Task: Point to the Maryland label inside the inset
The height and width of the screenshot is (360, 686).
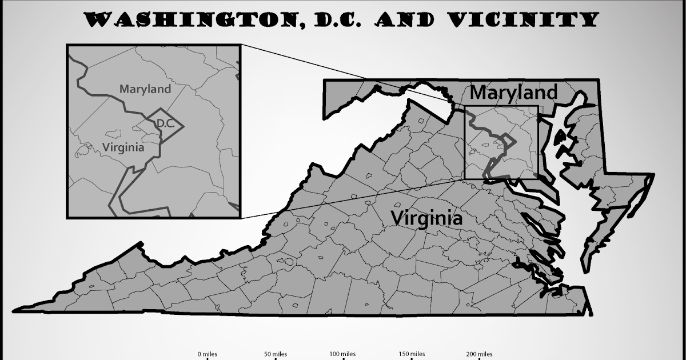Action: (145, 89)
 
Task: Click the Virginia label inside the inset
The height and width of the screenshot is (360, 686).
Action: (123, 147)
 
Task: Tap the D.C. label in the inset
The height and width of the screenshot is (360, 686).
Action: (165, 123)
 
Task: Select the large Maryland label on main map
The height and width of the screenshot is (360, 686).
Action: (513, 93)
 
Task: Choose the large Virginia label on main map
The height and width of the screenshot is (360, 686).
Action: (426, 218)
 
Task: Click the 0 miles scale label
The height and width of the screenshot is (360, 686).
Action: (207, 354)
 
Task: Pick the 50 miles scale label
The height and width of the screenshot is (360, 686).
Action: (275, 354)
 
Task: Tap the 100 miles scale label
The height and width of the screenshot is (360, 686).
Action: (343, 354)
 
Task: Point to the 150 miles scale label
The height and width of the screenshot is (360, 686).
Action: (411, 354)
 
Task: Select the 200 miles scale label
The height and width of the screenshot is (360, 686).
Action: (479, 354)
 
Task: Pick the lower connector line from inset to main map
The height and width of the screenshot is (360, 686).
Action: (354, 198)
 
